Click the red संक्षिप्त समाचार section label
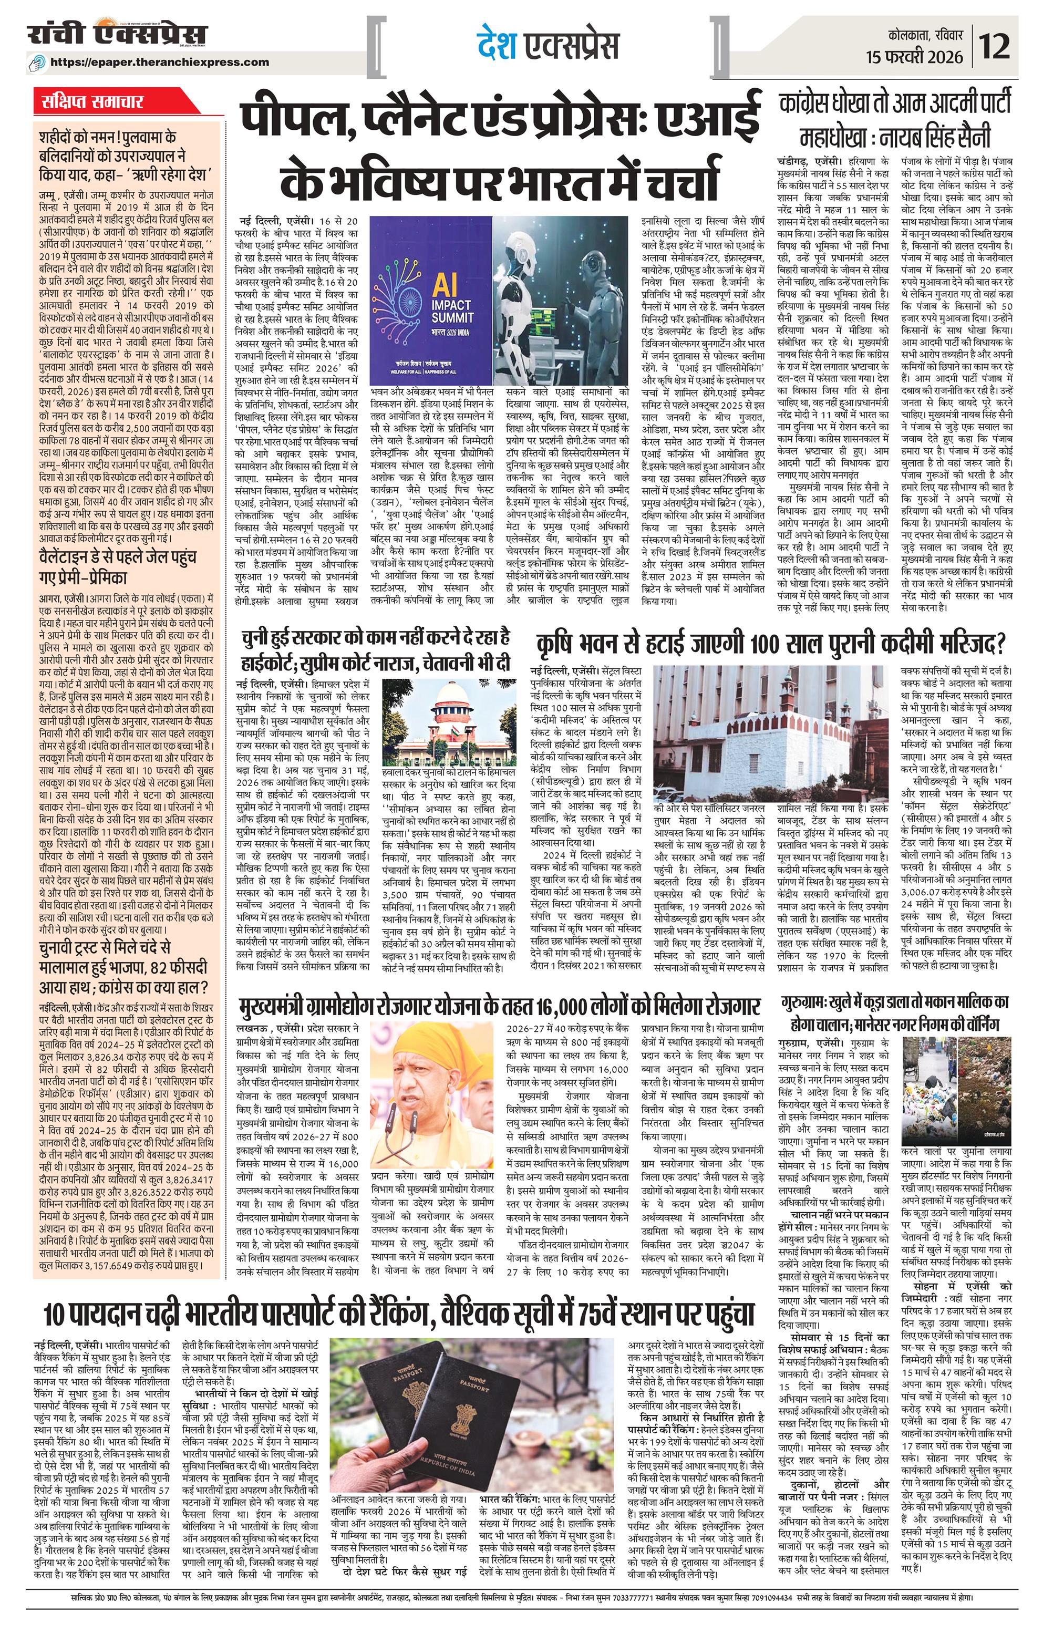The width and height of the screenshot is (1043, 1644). [89, 102]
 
